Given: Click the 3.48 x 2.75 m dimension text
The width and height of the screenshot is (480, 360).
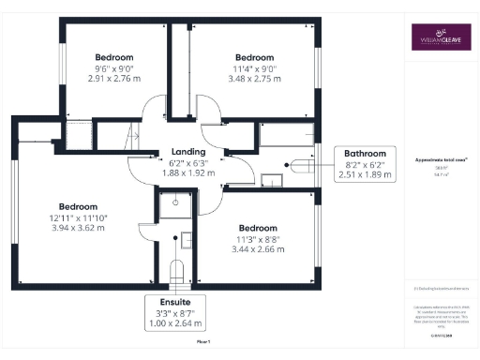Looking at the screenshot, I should click(253, 79).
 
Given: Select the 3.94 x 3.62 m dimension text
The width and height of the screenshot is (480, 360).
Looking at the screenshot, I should click(79, 228).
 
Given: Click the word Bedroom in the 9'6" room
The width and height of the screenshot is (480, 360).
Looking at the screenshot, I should click(113, 56).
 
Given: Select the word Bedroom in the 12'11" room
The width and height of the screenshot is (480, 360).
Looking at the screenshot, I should click(79, 206).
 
